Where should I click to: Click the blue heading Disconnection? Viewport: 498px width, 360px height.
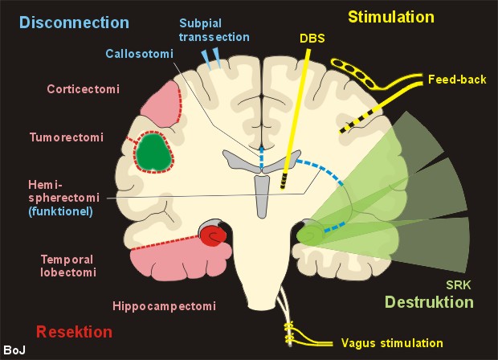pos(64,22)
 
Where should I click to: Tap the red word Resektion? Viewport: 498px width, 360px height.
pos(74,331)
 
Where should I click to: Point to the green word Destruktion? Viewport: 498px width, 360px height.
pos(429,302)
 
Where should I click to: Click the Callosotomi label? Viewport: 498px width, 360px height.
pos(140,54)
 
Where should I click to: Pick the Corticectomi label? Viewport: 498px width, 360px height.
pos(83,89)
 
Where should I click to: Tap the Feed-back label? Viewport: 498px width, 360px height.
pos(454,80)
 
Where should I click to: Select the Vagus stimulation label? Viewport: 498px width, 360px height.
pos(391,342)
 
